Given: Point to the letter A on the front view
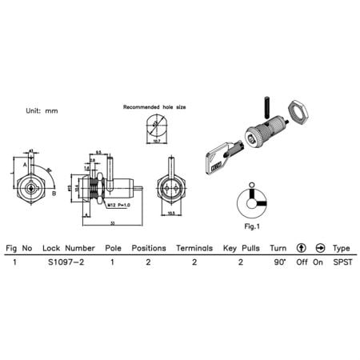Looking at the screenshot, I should [25, 164].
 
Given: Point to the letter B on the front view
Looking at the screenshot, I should [54, 193].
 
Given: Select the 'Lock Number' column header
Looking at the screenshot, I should [69, 248].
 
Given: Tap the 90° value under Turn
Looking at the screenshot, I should [278, 262].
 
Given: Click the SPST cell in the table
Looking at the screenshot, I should [342, 262].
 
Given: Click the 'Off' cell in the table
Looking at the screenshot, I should [302, 262].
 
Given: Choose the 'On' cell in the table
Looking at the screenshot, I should [320, 262].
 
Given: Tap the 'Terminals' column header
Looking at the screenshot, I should [194, 248].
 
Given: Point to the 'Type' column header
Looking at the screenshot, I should [342, 248].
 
